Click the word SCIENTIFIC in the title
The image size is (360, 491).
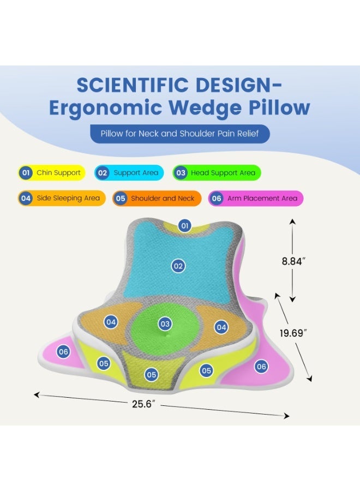pos(133,85)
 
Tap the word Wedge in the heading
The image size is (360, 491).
pos(205,108)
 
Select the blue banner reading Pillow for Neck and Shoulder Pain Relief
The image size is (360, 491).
pos(180,134)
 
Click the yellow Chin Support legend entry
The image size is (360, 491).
pos(52,172)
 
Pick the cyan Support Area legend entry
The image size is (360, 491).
pos(129,172)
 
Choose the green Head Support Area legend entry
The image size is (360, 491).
pos(217,172)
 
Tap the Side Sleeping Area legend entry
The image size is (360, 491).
pos(62,198)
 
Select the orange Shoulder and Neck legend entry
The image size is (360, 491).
pos(157,198)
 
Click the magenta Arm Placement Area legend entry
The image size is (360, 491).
pos(256,198)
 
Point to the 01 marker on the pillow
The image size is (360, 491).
pos(185,225)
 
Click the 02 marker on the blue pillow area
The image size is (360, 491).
pos(178,266)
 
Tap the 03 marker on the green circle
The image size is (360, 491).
pos(165,324)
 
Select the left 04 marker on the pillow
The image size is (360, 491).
pos(111,322)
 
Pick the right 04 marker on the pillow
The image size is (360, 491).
pos(221,327)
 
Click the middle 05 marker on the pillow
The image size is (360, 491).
pos(152,375)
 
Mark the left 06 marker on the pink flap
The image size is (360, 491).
pos(63,352)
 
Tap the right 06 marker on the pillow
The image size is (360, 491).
pos(261,367)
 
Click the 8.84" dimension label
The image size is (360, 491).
pos(293,261)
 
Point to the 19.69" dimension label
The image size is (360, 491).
pos(293,333)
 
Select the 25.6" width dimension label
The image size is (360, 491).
pos(143,404)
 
